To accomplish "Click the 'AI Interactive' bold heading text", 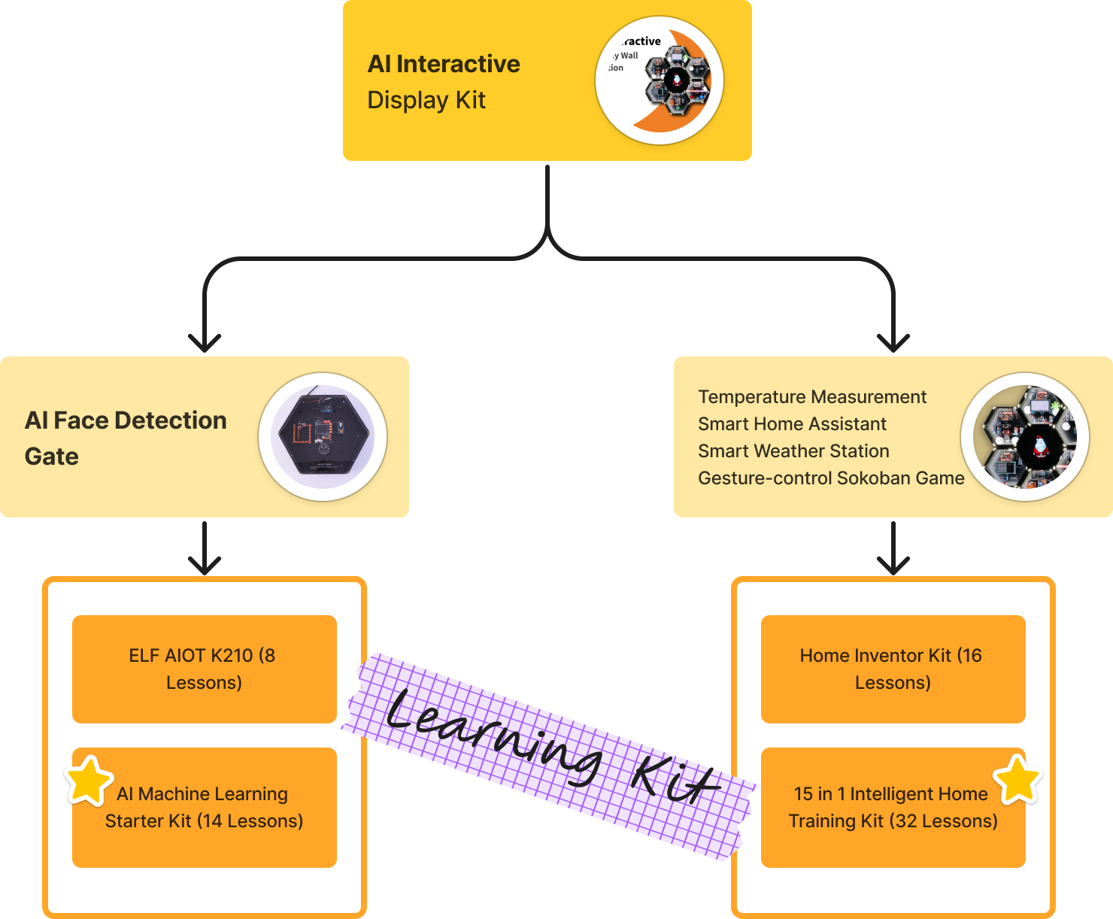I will point(443,64).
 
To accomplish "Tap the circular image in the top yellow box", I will point(660,80).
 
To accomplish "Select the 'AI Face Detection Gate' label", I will point(126,438).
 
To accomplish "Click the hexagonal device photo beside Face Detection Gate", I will point(323,437).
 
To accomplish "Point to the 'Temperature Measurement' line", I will point(812,397).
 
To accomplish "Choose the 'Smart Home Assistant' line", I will point(792,424).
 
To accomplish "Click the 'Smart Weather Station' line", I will point(793,451).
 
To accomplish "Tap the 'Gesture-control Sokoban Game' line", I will point(831,478).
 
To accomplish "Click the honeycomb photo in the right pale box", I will point(1025,437).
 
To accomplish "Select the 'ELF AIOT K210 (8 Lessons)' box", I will point(204,669).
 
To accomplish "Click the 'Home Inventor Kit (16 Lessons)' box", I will point(893,669).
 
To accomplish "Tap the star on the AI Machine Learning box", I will point(89,781).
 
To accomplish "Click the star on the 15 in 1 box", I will point(1018,780).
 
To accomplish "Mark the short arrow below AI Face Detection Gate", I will point(205,549).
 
